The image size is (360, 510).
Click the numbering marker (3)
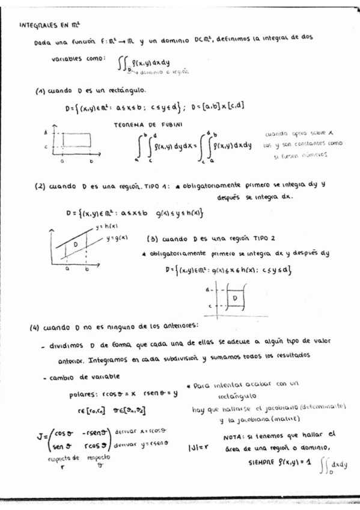point(153,238)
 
